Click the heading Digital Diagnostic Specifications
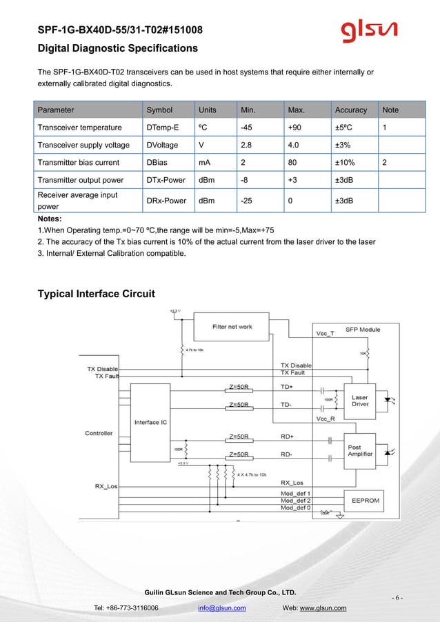[117, 48]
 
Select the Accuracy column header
[351, 110]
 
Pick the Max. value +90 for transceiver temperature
[295, 128]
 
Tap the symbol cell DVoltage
[162, 145]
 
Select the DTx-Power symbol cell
[166, 181]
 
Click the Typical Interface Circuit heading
[96, 294]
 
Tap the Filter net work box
[232, 327]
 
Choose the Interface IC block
[150, 422]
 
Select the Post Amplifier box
[360, 451]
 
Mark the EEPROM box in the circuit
[364, 501]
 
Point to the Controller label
[99, 434]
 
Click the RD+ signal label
[287, 437]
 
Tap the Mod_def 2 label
[295, 501]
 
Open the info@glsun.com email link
[222, 608]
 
